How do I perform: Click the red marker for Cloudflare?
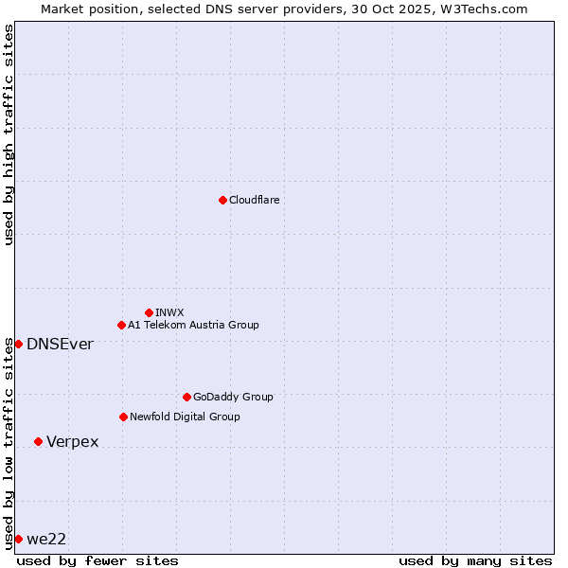click(x=222, y=200)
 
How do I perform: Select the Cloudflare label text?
click(x=254, y=201)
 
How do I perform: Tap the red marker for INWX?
click(x=149, y=312)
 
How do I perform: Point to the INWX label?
click(x=169, y=313)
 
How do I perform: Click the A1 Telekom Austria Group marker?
click(x=121, y=325)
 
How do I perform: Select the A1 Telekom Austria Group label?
click(x=193, y=326)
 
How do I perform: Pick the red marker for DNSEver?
click(x=18, y=344)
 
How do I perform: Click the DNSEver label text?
click(x=60, y=345)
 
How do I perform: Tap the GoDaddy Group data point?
click(x=186, y=397)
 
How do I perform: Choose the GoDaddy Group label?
click(x=233, y=398)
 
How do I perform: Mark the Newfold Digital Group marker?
click(x=123, y=417)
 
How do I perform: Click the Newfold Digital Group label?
click(x=185, y=417)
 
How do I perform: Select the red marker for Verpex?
click(x=38, y=441)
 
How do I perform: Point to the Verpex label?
click(x=72, y=442)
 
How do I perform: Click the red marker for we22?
click(x=18, y=539)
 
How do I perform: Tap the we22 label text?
click(x=46, y=540)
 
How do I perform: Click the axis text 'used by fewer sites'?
click(x=98, y=561)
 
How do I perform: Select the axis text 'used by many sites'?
click(x=475, y=561)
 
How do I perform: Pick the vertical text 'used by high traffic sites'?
click(x=9, y=134)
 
